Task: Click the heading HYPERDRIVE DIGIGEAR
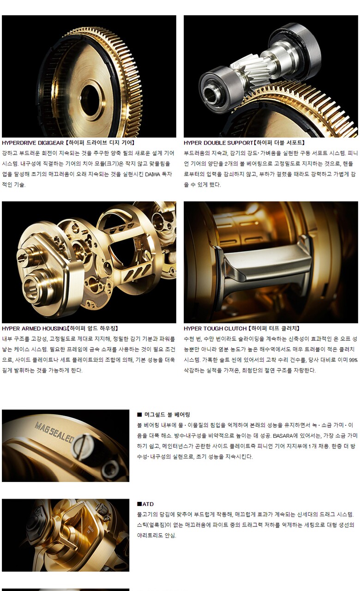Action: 33,143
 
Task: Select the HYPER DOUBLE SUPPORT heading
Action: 218,143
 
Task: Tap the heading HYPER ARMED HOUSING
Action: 34,328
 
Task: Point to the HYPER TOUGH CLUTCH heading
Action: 215,328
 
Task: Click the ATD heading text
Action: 148,504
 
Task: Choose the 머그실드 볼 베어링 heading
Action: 167,415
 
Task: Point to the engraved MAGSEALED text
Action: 54,432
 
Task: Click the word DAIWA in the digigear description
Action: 158,175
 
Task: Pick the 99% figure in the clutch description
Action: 353,360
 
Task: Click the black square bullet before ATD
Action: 139,504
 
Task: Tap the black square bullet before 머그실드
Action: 139,415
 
